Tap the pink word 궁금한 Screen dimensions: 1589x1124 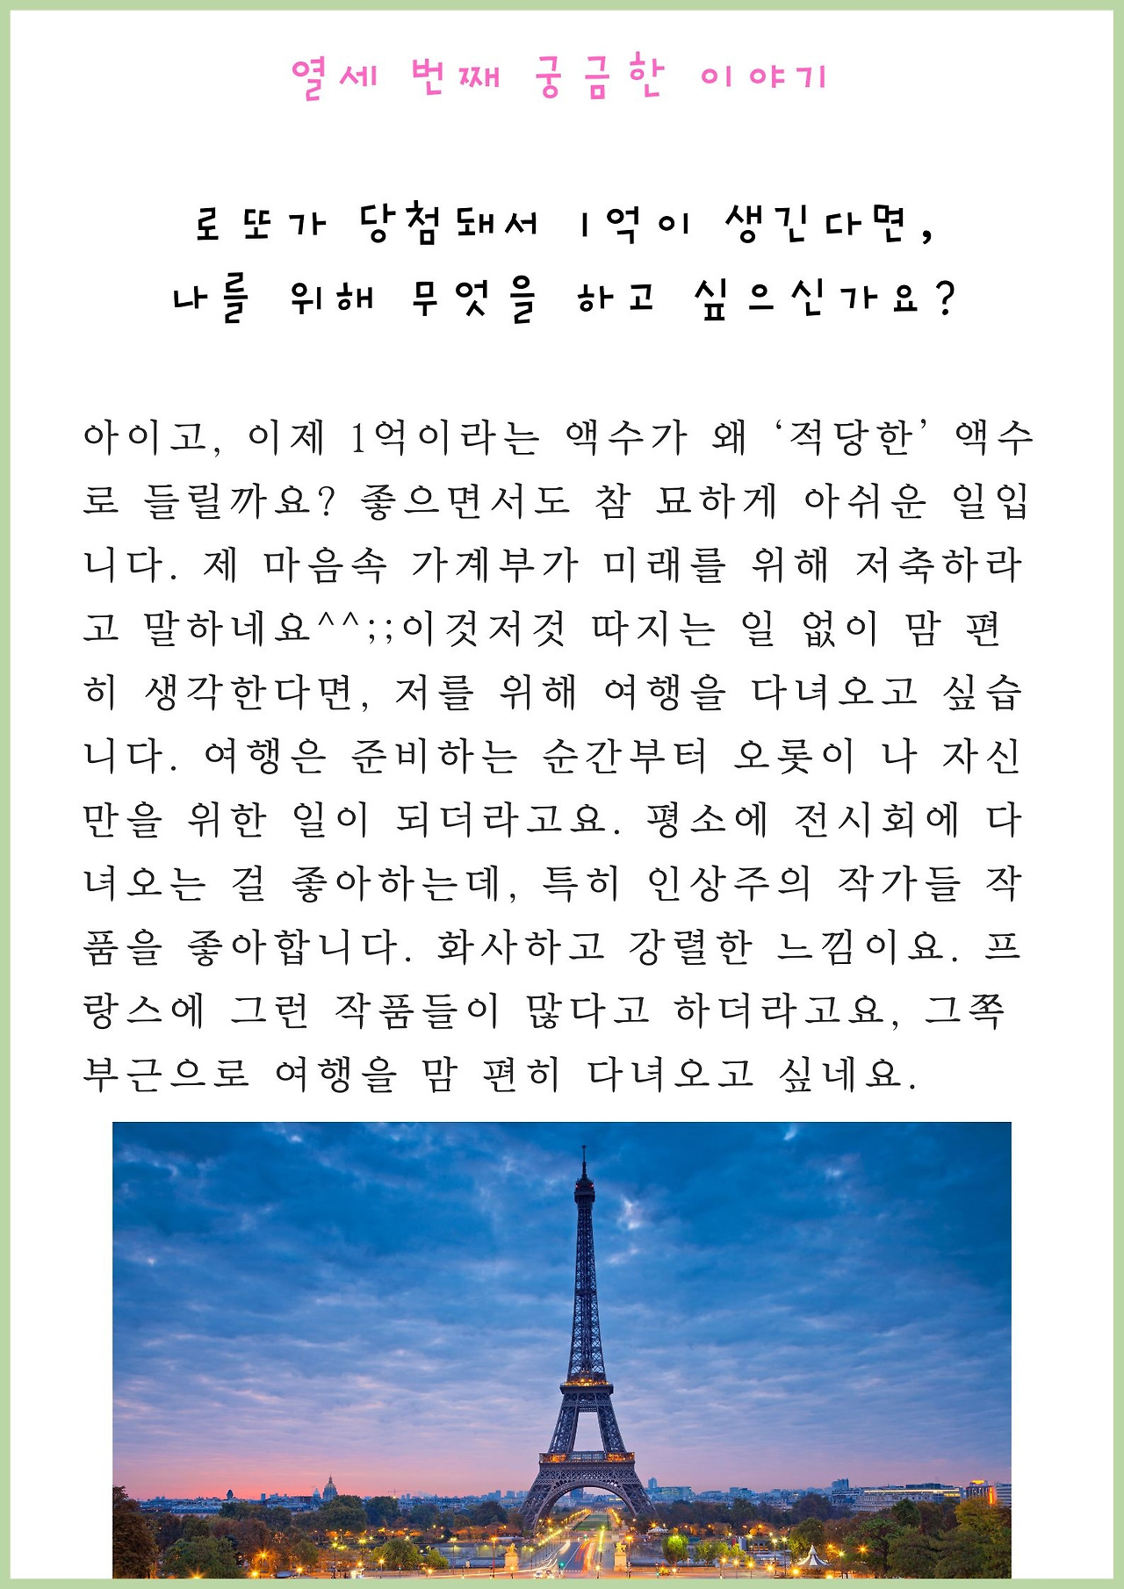pos(598,78)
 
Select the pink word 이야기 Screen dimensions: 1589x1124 pos(764,78)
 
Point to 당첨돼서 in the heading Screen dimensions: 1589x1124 pos(449,225)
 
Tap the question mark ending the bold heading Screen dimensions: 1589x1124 pos(945,299)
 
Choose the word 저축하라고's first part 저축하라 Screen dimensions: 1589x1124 pos(940,564)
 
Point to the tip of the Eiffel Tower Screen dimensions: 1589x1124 pos(584,1149)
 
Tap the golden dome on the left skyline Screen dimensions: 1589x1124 pos(329,1485)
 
